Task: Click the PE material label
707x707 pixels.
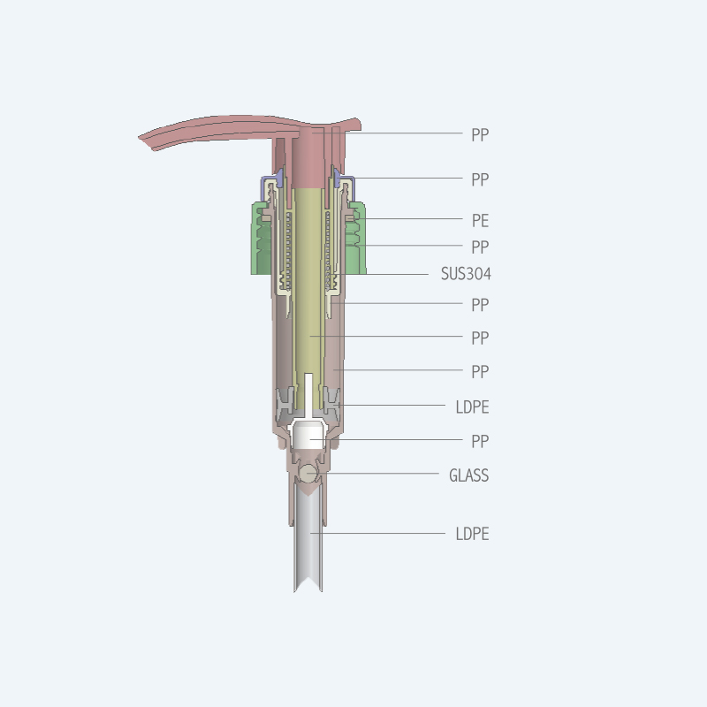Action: click(x=480, y=220)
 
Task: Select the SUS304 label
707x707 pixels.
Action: click(x=466, y=274)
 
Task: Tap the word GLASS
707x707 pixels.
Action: click(x=469, y=475)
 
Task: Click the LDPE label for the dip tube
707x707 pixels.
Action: click(x=472, y=534)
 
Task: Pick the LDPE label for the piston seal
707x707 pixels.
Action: click(x=472, y=407)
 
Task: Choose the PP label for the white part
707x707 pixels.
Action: click(x=480, y=441)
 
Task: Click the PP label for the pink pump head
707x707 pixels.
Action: click(x=480, y=135)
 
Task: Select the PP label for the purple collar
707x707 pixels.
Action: click(x=480, y=179)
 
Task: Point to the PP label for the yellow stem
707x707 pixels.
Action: click(x=480, y=338)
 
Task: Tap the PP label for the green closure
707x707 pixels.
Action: click(x=480, y=247)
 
